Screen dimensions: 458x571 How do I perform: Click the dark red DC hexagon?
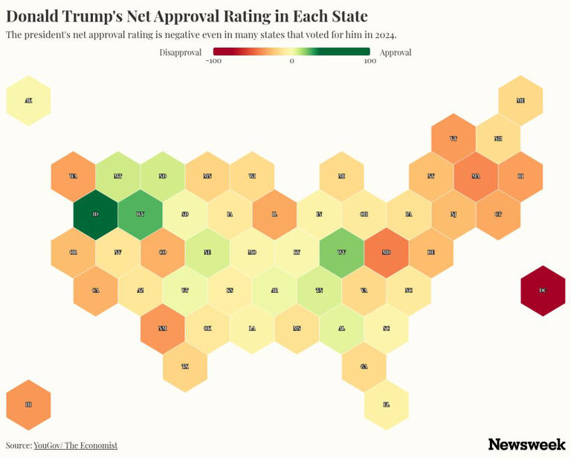coord(543,291)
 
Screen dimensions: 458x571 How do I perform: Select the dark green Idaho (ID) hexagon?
coord(96,214)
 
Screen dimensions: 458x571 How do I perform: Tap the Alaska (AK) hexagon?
coord(28,100)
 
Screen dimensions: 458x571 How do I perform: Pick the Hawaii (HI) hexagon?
coord(28,404)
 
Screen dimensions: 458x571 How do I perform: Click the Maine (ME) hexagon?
coord(520,100)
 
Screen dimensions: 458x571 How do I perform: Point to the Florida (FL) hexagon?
coord(387,404)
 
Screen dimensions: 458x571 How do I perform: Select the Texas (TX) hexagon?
coord(185,367)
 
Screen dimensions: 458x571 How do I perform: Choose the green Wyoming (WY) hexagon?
coord(141,214)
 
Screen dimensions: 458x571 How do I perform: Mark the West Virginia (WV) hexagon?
coord(341,252)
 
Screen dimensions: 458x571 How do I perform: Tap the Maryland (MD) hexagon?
coord(387,252)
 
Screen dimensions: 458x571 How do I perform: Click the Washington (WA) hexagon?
coord(73,176)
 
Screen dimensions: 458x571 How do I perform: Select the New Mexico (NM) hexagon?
coord(163,328)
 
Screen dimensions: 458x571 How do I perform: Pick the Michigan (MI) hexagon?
coord(341,176)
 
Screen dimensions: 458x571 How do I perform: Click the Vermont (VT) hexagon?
coord(454,138)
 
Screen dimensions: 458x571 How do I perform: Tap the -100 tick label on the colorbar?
coord(214,61)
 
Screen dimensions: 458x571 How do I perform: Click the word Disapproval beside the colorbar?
coord(180,52)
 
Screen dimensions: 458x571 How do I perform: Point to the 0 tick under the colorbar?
coord(291,61)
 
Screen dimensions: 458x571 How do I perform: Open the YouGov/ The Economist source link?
coord(75,445)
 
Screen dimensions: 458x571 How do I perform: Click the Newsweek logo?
coord(526,444)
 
